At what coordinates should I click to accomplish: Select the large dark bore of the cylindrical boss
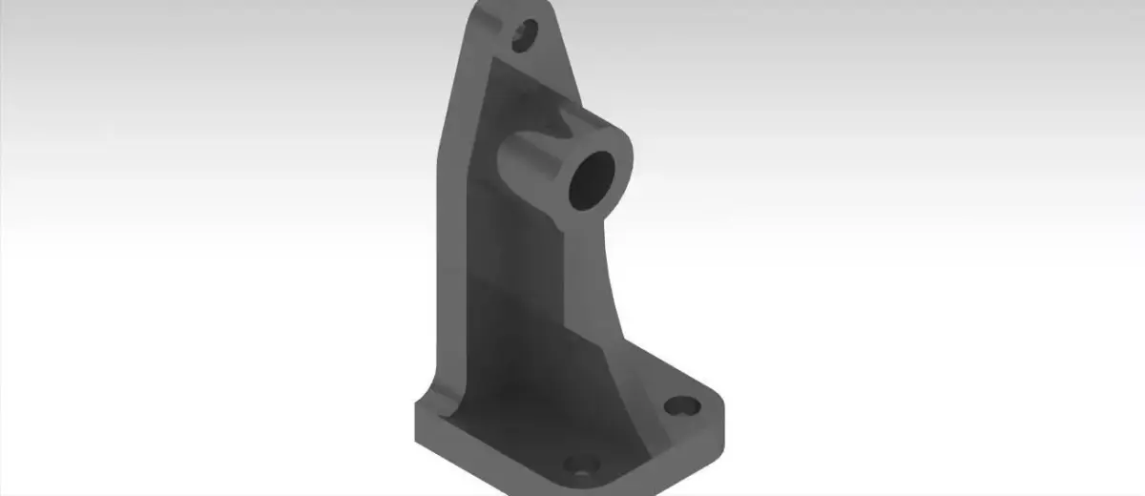pyautogui.click(x=593, y=180)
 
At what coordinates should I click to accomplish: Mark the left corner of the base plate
pyautogui.click(x=417, y=415)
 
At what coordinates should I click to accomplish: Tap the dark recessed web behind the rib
pyautogui.click(x=515, y=315)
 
